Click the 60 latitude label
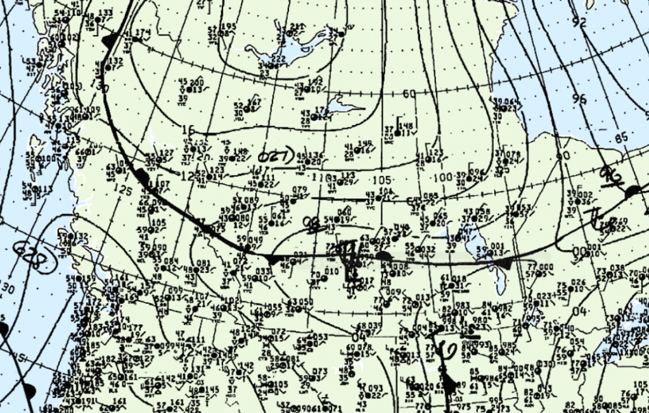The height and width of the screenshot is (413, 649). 409,94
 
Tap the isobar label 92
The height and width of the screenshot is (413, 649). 578,22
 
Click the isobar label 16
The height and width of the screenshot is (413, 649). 188,130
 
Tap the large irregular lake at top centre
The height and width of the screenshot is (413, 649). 285,48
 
